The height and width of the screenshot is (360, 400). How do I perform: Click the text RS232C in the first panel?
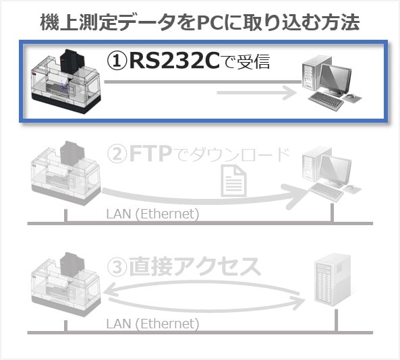click(x=175, y=61)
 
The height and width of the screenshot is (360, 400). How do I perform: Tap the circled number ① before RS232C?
click(x=117, y=61)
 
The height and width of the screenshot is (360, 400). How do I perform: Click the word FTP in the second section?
click(x=150, y=154)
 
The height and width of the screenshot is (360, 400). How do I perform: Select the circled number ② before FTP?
click(x=117, y=154)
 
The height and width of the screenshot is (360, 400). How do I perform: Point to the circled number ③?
click(x=117, y=267)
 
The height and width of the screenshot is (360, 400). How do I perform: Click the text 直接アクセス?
click(x=195, y=266)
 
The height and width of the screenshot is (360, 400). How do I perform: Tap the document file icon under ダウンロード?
click(x=233, y=181)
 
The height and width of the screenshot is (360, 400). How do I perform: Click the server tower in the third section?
click(x=332, y=279)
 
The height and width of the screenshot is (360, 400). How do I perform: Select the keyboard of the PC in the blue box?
click(x=326, y=101)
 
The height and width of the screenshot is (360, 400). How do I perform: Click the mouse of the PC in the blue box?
click(x=351, y=97)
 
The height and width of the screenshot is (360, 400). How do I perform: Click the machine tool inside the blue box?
click(x=65, y=82)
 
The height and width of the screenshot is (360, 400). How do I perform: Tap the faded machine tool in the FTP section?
click(x=65, y=173)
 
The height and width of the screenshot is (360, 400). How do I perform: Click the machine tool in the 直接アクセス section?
click(x=65, y=284)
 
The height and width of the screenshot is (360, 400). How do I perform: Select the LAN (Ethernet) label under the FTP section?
click(x=152, y=214)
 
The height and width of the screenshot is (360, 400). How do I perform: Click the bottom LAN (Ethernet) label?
click(x=152, y=324)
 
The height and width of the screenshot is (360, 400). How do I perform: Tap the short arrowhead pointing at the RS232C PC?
click(x=289, y=92)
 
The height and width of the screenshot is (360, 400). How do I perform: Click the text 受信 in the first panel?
click(x=254, y=62)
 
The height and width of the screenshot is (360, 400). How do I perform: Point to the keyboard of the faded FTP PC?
click(x=326, y=192)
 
